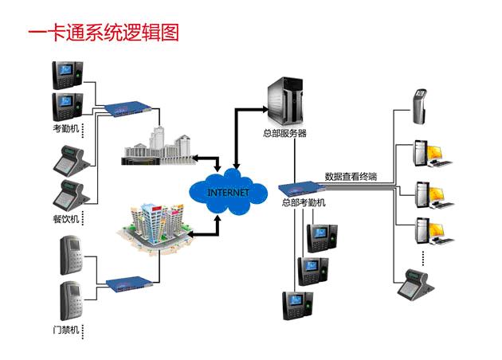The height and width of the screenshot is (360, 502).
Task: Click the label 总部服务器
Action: pyautogui.click(x=284, y=134)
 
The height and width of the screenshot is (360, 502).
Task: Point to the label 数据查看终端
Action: pyautogui.click(x=351, y=177)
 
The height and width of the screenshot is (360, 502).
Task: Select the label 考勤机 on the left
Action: pyautogui.click(x=65, y=127)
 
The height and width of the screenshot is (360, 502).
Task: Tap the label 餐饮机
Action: pyautogui.click(x=65, y=217)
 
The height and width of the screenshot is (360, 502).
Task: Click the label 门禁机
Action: pyautogui.click(x=65, y=328)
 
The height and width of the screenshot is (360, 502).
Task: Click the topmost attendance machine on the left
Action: pyautogui.click(x=66, y=75)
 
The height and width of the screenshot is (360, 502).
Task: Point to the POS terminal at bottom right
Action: pyautogui.click(x=416, y=282)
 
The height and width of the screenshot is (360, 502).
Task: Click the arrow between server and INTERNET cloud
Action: pyautogui.click(x=237, y=131)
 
